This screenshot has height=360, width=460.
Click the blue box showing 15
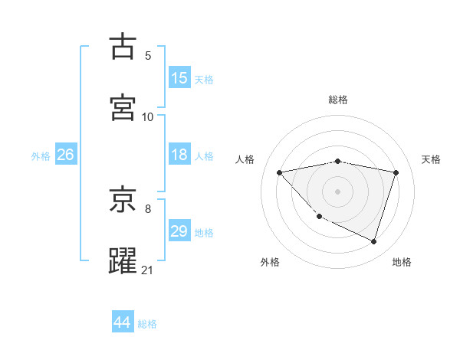click(179, 77)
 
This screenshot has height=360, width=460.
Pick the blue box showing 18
click(179, 155)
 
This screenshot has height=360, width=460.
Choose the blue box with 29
click(179, 231)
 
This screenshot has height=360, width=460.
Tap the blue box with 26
click(65, 155)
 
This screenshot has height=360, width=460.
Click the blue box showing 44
click(122, 322)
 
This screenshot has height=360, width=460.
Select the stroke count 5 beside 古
click(148, 55)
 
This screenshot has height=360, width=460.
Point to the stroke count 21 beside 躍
click(148, 269)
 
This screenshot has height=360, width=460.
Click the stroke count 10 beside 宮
click(148, 116)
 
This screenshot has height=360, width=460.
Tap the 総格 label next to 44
click(147, 324)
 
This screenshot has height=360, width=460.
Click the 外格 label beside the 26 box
click(41, 156)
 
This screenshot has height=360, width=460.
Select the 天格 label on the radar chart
click(432, 159)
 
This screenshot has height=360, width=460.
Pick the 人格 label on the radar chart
click(245, 159)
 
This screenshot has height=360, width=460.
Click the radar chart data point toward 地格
click(373, 242)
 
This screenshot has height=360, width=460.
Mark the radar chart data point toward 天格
click(396, 172)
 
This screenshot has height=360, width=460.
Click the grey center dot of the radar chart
click(337, 191)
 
